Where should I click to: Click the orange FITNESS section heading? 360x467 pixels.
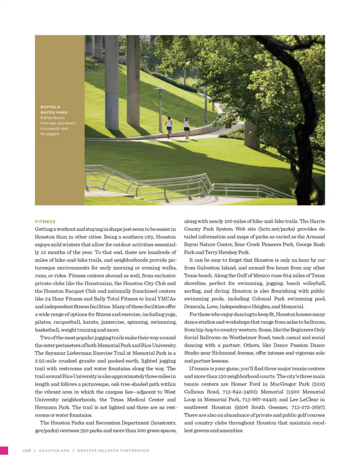[x=45, y=222]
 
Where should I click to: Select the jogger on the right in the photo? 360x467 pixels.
[x=186, y=127]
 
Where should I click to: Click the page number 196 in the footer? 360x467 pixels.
[x=27, y=450]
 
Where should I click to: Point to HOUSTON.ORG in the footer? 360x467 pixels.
[x=54, y=450]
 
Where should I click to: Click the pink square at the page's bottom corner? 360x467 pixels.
[x=4, y=450]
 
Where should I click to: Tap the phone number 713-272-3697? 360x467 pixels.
[x=308, y=407]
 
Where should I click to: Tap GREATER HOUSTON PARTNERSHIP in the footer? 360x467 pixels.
[x=113, y=450]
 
